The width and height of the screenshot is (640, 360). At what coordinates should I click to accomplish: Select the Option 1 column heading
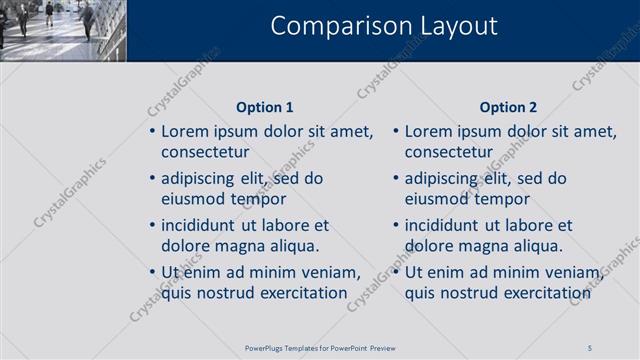coord(265,107)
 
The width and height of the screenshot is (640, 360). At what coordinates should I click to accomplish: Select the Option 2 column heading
coord(508,107)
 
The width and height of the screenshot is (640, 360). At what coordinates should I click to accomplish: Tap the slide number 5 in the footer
coord(590,347)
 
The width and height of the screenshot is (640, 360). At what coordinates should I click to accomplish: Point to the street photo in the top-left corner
coord(62,30)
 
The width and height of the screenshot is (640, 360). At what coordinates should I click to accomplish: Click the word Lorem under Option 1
coord(186,131)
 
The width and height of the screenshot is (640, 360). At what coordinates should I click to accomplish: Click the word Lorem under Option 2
coord(430,131)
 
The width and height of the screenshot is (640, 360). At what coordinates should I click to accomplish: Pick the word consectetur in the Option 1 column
coord(205,152)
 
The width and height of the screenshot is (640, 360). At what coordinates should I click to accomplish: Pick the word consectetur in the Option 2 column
coord(449,152)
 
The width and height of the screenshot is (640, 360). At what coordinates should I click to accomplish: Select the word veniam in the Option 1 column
coord(329,272)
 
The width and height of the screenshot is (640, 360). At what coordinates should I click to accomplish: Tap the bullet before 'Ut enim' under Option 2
coord(396,272)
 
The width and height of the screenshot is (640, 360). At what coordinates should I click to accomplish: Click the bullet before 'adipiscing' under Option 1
coord(152,179)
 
